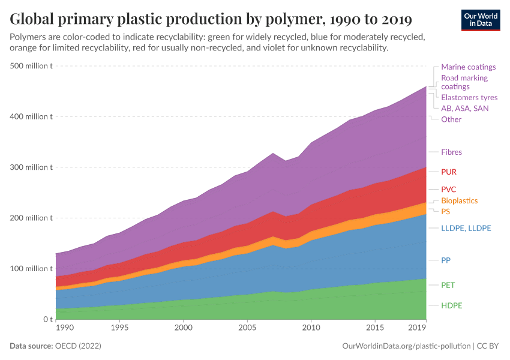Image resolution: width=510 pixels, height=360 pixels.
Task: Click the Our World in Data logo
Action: (481, 19)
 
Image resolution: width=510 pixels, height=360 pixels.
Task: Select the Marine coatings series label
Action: (468, 67)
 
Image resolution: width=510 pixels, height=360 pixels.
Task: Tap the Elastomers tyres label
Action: (469, 97)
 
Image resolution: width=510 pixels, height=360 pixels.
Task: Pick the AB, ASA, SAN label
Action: (464, 109)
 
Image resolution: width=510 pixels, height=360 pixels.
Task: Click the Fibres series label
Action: (451, 152)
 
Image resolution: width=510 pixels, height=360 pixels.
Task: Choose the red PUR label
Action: (449, 172)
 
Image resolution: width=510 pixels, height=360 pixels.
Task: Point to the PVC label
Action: (449, 190)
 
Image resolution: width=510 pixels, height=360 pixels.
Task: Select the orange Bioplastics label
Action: (459, 200)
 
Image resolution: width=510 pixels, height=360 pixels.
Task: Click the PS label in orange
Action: (445, 212)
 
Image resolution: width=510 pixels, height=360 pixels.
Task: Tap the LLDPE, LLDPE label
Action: (466, 228)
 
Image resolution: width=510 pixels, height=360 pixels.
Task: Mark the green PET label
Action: (448, 285)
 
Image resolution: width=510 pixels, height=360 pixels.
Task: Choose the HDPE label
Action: (452, 305)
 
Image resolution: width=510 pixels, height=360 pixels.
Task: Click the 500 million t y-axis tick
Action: (32, 66)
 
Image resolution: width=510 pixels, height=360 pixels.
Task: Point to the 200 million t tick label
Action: (32, 218)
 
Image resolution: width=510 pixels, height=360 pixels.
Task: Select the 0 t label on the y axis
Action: (47, 319)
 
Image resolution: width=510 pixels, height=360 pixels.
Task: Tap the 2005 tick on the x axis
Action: (247, 328)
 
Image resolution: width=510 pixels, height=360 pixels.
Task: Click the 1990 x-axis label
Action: (64, 328)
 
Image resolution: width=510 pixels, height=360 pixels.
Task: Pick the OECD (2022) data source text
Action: (78, 346)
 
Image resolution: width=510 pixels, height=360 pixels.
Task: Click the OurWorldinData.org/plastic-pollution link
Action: (406, 346)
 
